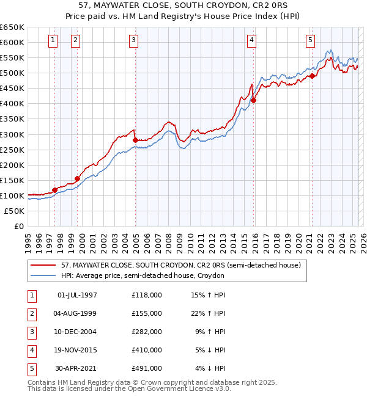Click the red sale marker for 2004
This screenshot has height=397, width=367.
coord(135,140)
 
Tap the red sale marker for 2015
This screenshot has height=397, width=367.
coord(253,101)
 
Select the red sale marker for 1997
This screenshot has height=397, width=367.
coord(54,190)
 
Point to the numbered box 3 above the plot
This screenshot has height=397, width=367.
coord(134,41)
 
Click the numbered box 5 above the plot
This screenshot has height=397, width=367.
coord(311,41)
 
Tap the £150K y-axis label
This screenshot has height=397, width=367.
coord(12,180)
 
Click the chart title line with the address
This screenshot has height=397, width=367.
coord(183,7)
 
